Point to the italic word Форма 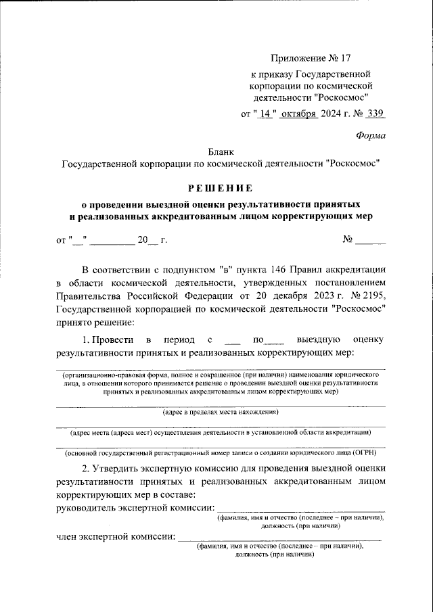click(371, 136)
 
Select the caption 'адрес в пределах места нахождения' click(220, 412)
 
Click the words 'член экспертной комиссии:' click(115, 538)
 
